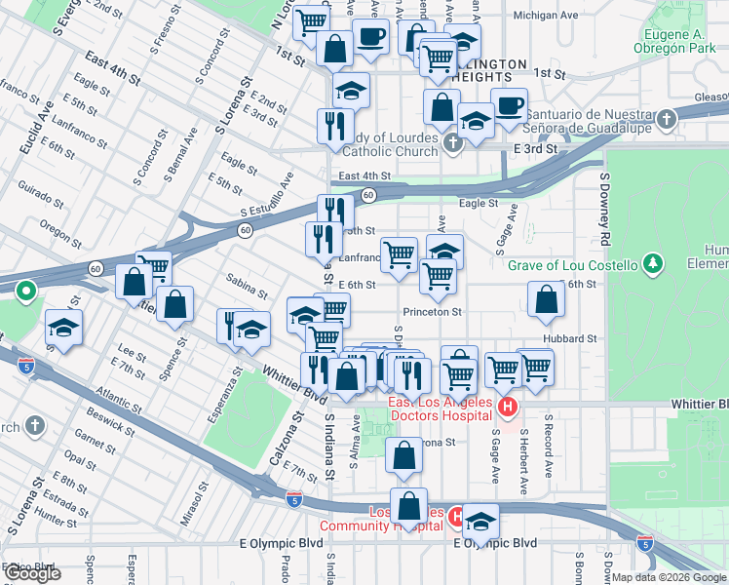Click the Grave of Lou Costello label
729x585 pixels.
pyautogui.click(x=573, y=265)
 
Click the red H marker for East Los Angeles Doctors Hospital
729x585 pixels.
pyautogui.click(x=507, y=406)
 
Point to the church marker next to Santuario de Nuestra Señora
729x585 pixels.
pyautogui.click(x=667, y=120)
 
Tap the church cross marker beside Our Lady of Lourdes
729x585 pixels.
pyautogui.click(x=452, y=144)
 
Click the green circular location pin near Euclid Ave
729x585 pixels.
pyautogui.click(x=26, y=291)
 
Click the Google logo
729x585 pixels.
pyautogui.click(x=32, y=573)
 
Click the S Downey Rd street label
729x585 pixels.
pyautogui.click(x=605, y=210)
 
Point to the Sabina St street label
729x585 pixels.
pyautogui.click(x=247, y=286)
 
